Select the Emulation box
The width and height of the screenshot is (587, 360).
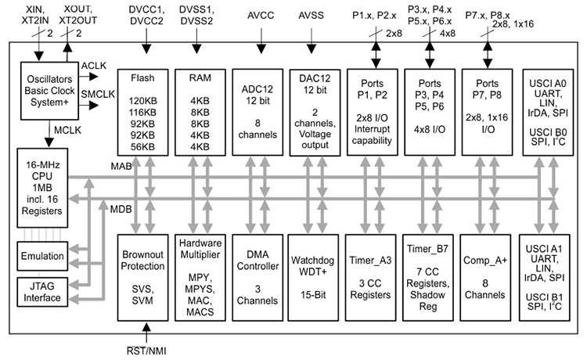[x=41, y=256]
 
